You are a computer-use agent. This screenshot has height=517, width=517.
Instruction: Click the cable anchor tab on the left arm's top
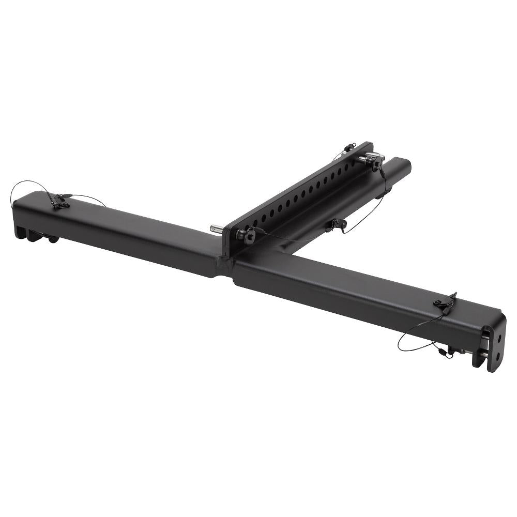[x=60, y=201]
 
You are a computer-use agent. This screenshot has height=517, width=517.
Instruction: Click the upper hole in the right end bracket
[x=500, y=339]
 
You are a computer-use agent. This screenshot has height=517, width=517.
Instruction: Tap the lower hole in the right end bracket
[x=497, y=356]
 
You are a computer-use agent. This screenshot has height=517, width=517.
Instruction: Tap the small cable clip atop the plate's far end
[x=350, y=147]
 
